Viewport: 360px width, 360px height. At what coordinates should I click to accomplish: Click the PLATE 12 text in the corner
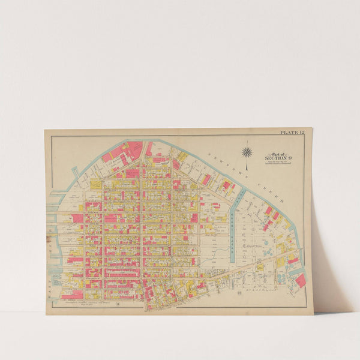[292, 132]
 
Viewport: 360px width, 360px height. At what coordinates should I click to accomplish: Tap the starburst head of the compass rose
[247, 151]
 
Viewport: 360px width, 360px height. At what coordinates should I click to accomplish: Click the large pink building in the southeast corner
[300, 280]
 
